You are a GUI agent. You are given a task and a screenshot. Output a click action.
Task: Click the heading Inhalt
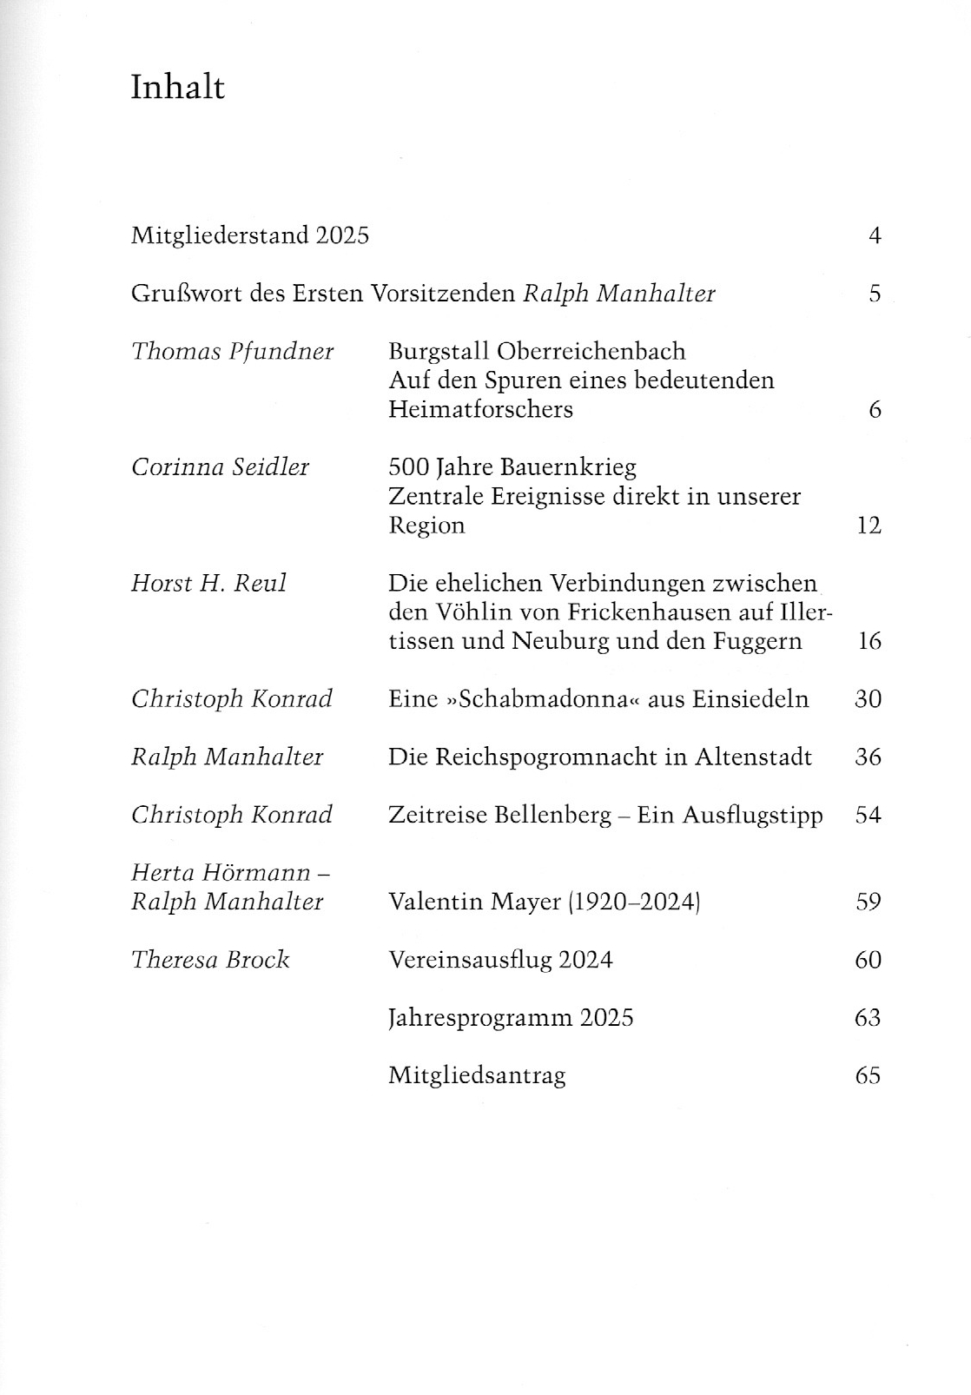pyautogui.click(x=177, y=88)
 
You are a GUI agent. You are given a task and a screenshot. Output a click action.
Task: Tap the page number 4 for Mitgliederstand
pyautogui.click(x=875, y=235)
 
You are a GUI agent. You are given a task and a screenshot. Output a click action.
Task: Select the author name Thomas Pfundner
pyautogui.click(x=232, y=352)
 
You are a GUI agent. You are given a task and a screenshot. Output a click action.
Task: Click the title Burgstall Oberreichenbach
pyautogui.click(x=537, y=352)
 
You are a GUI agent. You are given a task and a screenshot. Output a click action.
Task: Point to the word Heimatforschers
pyautogui.click(x=480, y=409)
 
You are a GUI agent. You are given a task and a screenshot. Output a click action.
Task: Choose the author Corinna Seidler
pyautogui.click(x=220, y=467)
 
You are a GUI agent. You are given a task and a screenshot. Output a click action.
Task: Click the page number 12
pyautogui.click(x=869, y=526)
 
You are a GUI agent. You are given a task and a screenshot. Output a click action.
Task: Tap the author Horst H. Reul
pyautogui.click(x=208, y=583)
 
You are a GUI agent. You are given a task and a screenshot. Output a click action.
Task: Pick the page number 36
pyautogui.click(x=869, y=757)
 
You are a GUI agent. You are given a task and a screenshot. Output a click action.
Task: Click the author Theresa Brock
pyautogui.click(x=210, y=960)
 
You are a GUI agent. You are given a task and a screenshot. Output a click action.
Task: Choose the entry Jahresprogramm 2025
pyautogui.click(x=511, y=1018)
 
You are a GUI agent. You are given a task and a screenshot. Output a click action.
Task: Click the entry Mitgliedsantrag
pyautogui.click(x=477, y=1076)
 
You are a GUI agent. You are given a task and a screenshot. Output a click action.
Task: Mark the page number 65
pyautogui.click(x=869, y=1076)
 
